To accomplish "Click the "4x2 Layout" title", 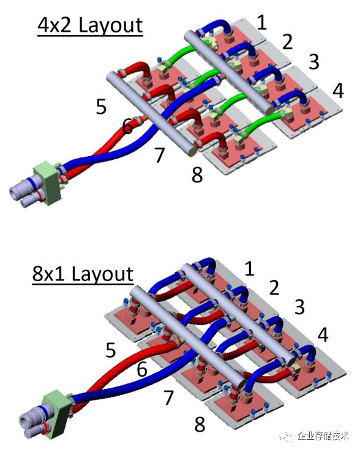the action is tap(90, 26).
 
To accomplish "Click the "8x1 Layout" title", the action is tap(83, 274).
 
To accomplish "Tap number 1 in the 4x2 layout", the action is tap(261, 23).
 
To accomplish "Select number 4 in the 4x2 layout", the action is tap(338, 91).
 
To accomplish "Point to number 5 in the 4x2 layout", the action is tap(101, 107).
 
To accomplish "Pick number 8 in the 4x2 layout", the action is tap(197, 174).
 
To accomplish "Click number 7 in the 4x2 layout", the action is tap(159, 154).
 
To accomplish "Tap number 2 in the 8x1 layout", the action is tap(274, 287).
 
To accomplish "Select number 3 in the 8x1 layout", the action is tap(299, 307).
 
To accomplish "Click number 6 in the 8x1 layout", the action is tap(142, 369).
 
